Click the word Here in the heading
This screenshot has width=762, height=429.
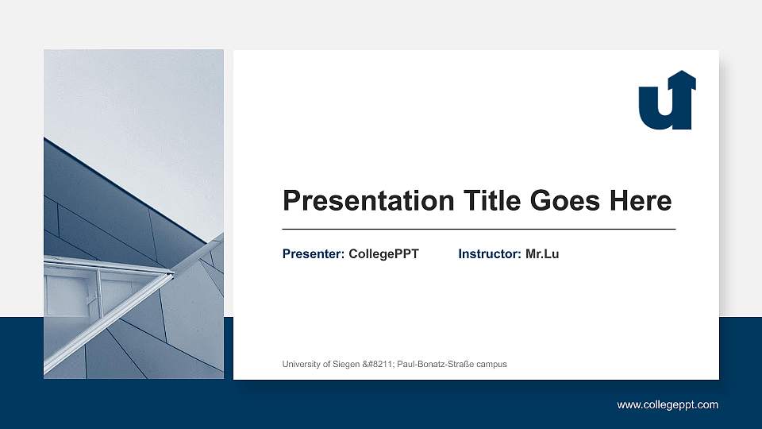pos(640,201)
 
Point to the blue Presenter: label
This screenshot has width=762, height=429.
pos(314,254)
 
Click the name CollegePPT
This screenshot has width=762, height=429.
pos(383,254)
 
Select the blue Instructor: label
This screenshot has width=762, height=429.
pos(490,254)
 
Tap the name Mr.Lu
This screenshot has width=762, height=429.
pos(542,254)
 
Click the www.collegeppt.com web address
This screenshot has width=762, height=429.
pos(668,405)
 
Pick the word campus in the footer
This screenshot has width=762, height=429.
pos(491,364)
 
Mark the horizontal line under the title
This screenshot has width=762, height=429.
pos(479,229)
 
